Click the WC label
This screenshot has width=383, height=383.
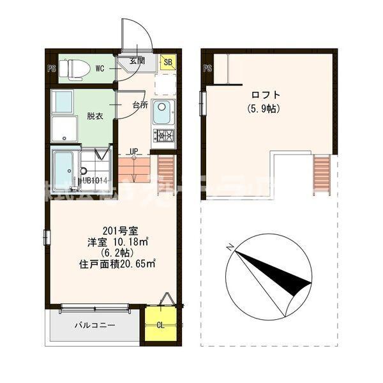coord(101,66)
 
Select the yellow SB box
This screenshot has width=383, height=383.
coord(169,62)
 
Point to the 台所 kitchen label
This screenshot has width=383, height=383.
coord(140,105)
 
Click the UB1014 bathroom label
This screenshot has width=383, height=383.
coord(94,180)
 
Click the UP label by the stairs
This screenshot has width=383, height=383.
coord(133,151)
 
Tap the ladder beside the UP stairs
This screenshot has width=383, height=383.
coord(166,172)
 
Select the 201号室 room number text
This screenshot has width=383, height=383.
coord(116,230)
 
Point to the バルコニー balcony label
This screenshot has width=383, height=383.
coord(94,326)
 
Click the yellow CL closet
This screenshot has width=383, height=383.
coord(160,324)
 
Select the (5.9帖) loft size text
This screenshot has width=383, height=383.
coord(262,109)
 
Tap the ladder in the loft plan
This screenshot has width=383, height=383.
coord(321,172)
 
